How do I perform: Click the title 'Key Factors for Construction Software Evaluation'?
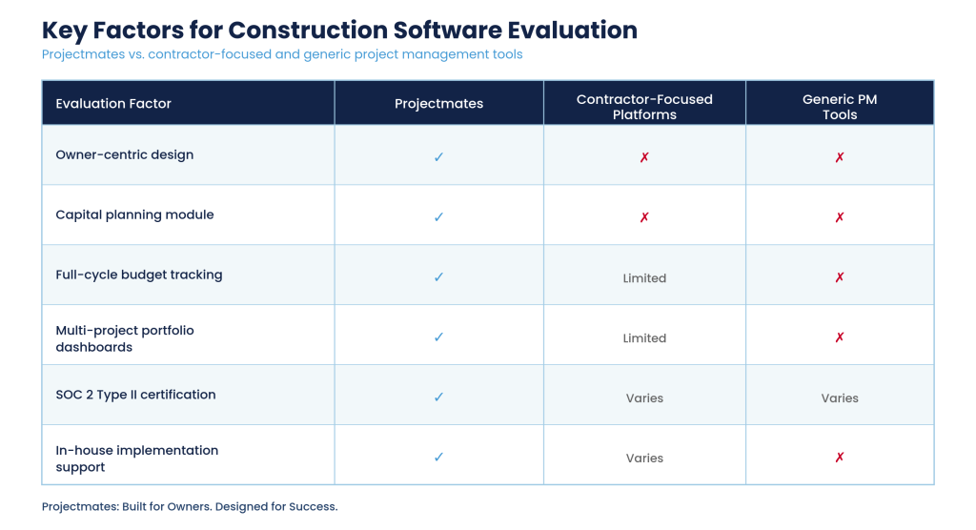pos(340,31)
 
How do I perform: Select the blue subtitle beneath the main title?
pos(282,54)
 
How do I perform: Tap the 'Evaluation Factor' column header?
pos(113,103)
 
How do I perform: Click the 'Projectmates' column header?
pos(438,103)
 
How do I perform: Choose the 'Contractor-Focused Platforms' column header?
pos(644,107)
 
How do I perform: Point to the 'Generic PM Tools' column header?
pos(840,107)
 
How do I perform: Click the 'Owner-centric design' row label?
pos(125,154)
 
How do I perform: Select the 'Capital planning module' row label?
pos(134,214)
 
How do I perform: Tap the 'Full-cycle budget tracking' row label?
pos(139,275)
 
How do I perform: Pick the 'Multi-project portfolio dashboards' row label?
pos(125,338)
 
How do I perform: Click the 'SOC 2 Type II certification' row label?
pos(135,395)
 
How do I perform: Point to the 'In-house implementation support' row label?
pos(137,459)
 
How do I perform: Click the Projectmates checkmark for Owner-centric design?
pos(438,157)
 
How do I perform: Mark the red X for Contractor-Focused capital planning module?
pos(644,217)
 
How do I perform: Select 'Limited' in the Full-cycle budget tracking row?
pos(644,278)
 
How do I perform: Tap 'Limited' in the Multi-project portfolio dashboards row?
pos(644,338)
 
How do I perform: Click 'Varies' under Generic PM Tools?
pos(840,397)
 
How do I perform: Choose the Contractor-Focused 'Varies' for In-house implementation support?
pos(644,459)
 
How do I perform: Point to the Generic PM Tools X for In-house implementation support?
pos(840,458)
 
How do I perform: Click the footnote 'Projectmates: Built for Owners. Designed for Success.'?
pos(190,506)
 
